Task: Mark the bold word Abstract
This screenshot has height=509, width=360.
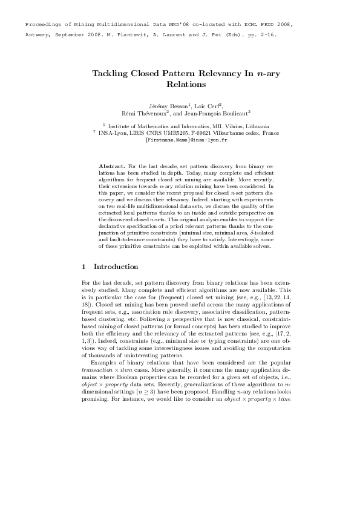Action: pyautogui.click(x=111, y=165)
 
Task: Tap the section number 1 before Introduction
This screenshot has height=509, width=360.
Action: pyautogui.click(x=83, y=267)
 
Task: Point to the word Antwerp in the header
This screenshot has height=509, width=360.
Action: pyautogui.click(x=38, y=34)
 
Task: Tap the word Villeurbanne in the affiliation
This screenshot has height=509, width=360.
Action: pyautogui.click(x=238, y=132)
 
